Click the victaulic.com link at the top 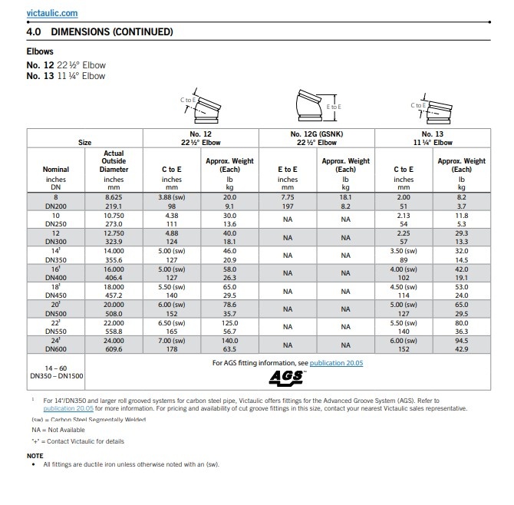coord(51,14)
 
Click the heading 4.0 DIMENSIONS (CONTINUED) coord(100,32)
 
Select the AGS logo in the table coord(287,377)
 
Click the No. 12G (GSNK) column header coord(317,134)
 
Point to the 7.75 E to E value coord(287,197)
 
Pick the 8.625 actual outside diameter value coord(114,197)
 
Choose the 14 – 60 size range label coord(56,368)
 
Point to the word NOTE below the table coord(35,455)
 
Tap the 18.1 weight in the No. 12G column coord(345,197)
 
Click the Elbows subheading coord(40,52)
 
